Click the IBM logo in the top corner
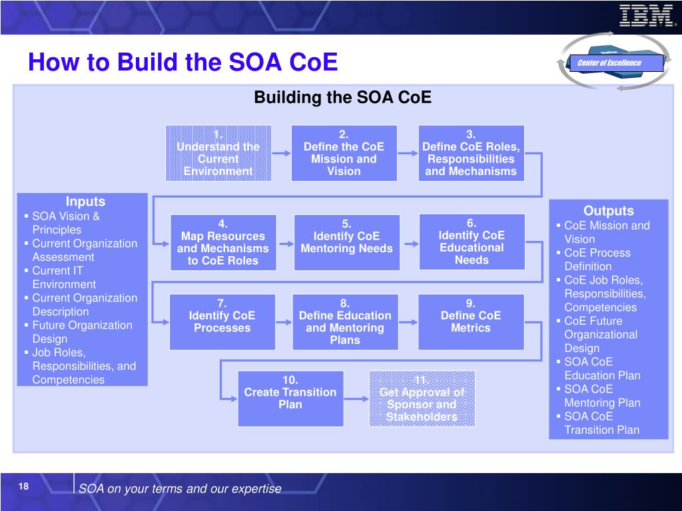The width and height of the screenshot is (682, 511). pos(645,15)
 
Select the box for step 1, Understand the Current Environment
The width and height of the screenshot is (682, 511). pos(218,153)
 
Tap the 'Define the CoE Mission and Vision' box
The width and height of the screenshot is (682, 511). pos(344,153)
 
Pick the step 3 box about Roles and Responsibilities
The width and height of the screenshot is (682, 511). pos(471,153)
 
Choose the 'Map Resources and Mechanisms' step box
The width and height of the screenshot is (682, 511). pos(223,242)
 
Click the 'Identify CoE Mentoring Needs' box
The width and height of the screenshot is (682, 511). pos(346,242)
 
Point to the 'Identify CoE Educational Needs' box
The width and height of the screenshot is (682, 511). pos(472,242)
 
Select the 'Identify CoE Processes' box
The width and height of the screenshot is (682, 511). pos(222,321)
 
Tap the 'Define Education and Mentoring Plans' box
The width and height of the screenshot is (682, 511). pos(345,321)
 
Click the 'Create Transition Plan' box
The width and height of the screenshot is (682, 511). pos(290,398)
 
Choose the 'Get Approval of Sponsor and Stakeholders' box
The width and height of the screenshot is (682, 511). pos(422,398)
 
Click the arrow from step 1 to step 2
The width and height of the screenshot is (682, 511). pos(281,153)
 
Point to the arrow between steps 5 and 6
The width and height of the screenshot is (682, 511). pos(410,242)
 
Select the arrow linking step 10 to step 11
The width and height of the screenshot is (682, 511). pos(356,399)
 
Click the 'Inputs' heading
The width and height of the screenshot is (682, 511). pos(85,202)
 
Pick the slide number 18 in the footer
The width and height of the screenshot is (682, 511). pos(23,487)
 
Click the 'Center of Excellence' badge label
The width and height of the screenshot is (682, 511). pos(609,63)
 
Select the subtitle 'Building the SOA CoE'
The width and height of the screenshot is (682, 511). pos(342,98)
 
